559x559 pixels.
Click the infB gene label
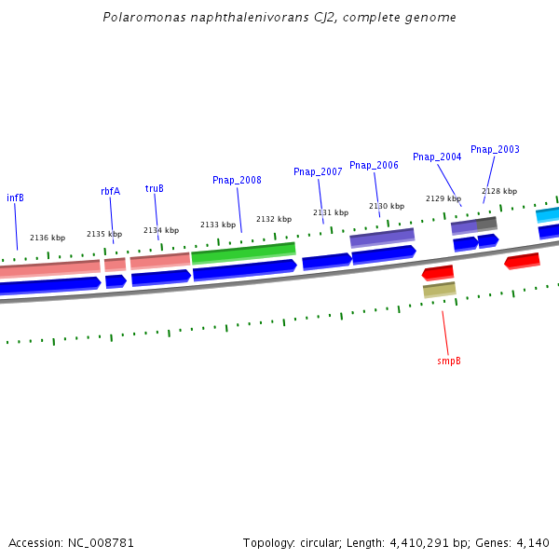[15, 198]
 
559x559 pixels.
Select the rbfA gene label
[110, 191]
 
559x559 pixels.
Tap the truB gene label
[154, 188]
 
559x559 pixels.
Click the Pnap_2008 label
[237, 180]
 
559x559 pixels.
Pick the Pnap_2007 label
[318, 171]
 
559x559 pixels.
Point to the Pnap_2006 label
[374, 165]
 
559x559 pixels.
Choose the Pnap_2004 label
[437, 157]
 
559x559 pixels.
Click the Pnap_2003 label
[495, 149]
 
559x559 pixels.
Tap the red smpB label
[449, 361]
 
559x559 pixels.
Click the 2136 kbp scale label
[48, 238]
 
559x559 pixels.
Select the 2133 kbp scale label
[218, 225]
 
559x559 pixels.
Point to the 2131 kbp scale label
[331, 212]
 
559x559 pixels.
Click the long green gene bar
[243, 252]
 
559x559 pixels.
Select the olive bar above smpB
[439, 290]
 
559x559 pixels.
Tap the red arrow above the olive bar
[438, 273]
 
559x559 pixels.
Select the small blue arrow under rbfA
[116, 280]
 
